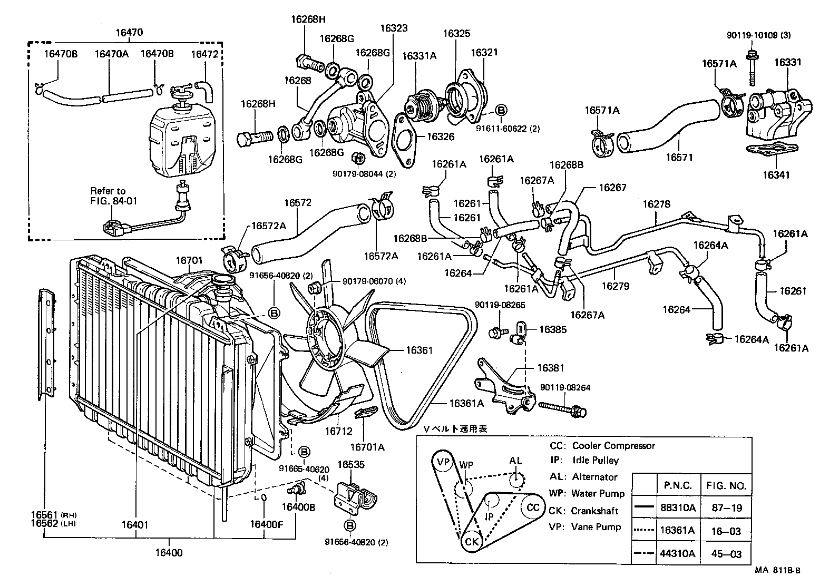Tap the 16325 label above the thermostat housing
(456, 33)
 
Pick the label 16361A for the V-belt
(466, 403)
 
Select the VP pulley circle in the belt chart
(444, 463)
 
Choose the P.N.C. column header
(676, 486)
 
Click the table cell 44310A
(678, 553)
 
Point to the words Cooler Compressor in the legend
(613, 446)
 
